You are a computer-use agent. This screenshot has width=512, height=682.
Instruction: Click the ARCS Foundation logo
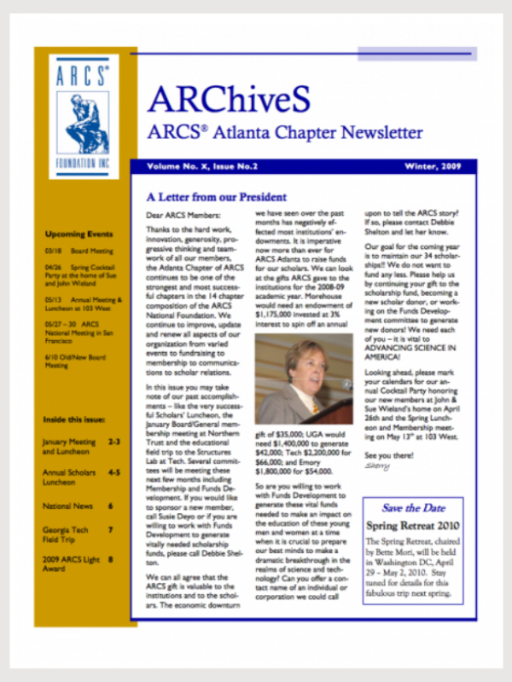84,117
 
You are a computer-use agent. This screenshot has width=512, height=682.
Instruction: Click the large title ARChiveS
228,100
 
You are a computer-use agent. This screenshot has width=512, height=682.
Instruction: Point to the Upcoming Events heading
79,234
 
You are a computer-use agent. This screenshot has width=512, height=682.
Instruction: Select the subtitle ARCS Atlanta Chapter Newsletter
284,133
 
